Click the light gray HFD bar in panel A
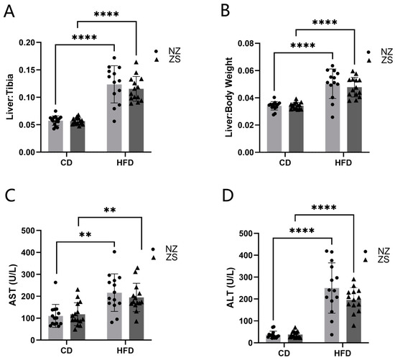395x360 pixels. tap(114, 119)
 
